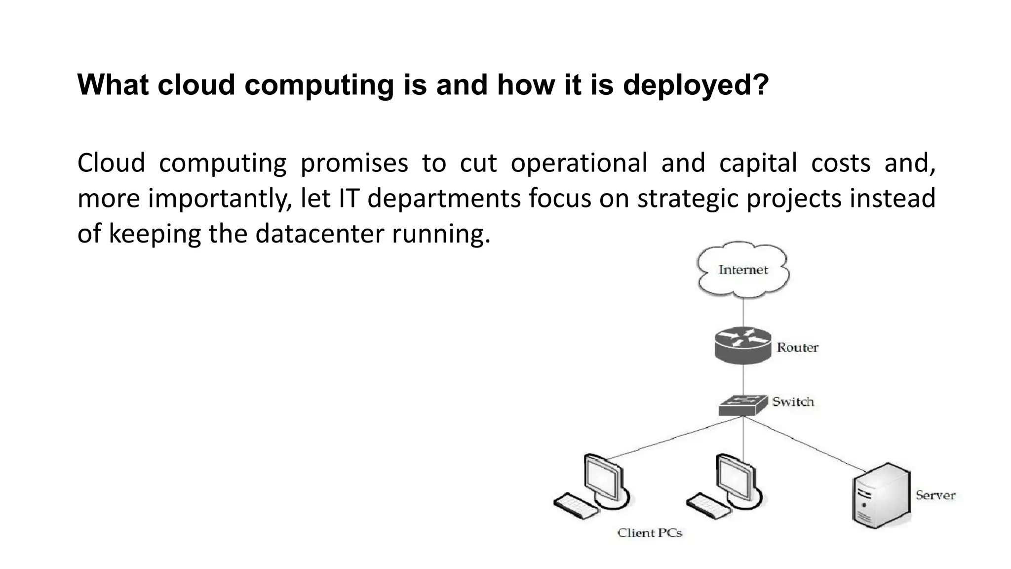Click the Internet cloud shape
(742, 270)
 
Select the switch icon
(742, 405)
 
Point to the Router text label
(797, 348)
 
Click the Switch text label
(793, 402)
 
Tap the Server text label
(935, 495)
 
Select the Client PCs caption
(650, 533)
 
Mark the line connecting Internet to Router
(743, 312)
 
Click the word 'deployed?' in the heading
(696, 84)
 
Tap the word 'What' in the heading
(113, 84)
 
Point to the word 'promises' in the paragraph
(354, 163)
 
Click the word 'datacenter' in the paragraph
(319, 233)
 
